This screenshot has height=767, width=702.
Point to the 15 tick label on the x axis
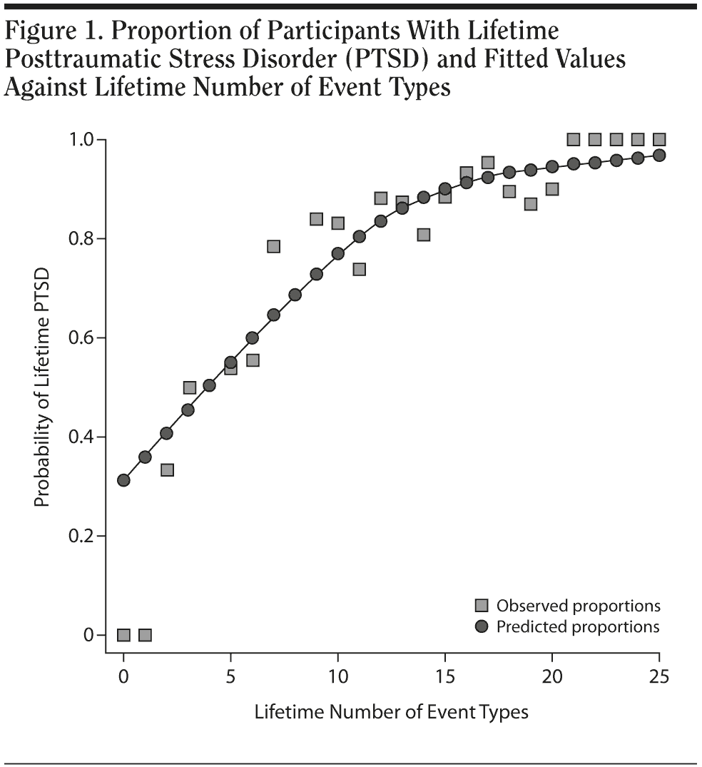click(444, 676)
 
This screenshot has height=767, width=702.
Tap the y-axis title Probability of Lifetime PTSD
click(43, 387)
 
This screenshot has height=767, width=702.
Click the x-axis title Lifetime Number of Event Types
click(391, 712)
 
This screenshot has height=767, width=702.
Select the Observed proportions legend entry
click(569, 606)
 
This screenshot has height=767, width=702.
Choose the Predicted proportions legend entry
click(569, 627)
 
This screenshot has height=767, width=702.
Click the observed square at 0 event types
click(123, 635)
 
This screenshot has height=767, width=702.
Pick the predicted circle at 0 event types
click(123, 480)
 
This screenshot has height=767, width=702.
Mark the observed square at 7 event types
click(273, 246)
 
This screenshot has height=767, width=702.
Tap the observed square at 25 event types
click(659, 139)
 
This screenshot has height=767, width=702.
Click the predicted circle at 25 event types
click(659, 155)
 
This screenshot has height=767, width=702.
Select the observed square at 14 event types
click(423, 235)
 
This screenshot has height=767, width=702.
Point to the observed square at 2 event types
click(166, 469)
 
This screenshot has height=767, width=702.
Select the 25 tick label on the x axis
click(659, 676)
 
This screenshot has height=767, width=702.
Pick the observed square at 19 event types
click(530, 204)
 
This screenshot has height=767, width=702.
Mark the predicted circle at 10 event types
click(337, 253)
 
